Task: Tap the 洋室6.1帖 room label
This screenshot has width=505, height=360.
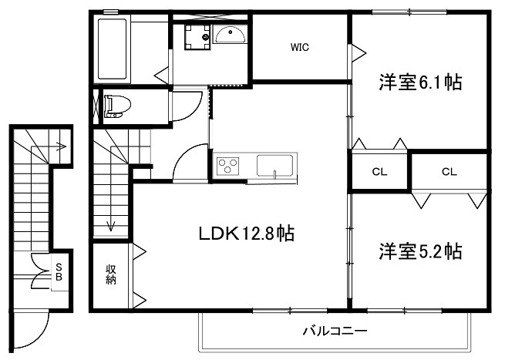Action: [x=420, y=82]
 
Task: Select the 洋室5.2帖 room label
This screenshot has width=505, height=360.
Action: [x=420, y=251]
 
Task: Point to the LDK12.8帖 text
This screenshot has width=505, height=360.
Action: [x=247, y=232]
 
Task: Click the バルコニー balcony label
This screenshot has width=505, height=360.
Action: [x=334, y=332]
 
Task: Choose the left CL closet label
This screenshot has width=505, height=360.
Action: [x=379, y=172]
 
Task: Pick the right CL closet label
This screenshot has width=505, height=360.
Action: [x=449, y=172]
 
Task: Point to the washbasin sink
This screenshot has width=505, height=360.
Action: [x=229, y=35]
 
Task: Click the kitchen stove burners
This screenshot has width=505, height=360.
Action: [x=228, y=166]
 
